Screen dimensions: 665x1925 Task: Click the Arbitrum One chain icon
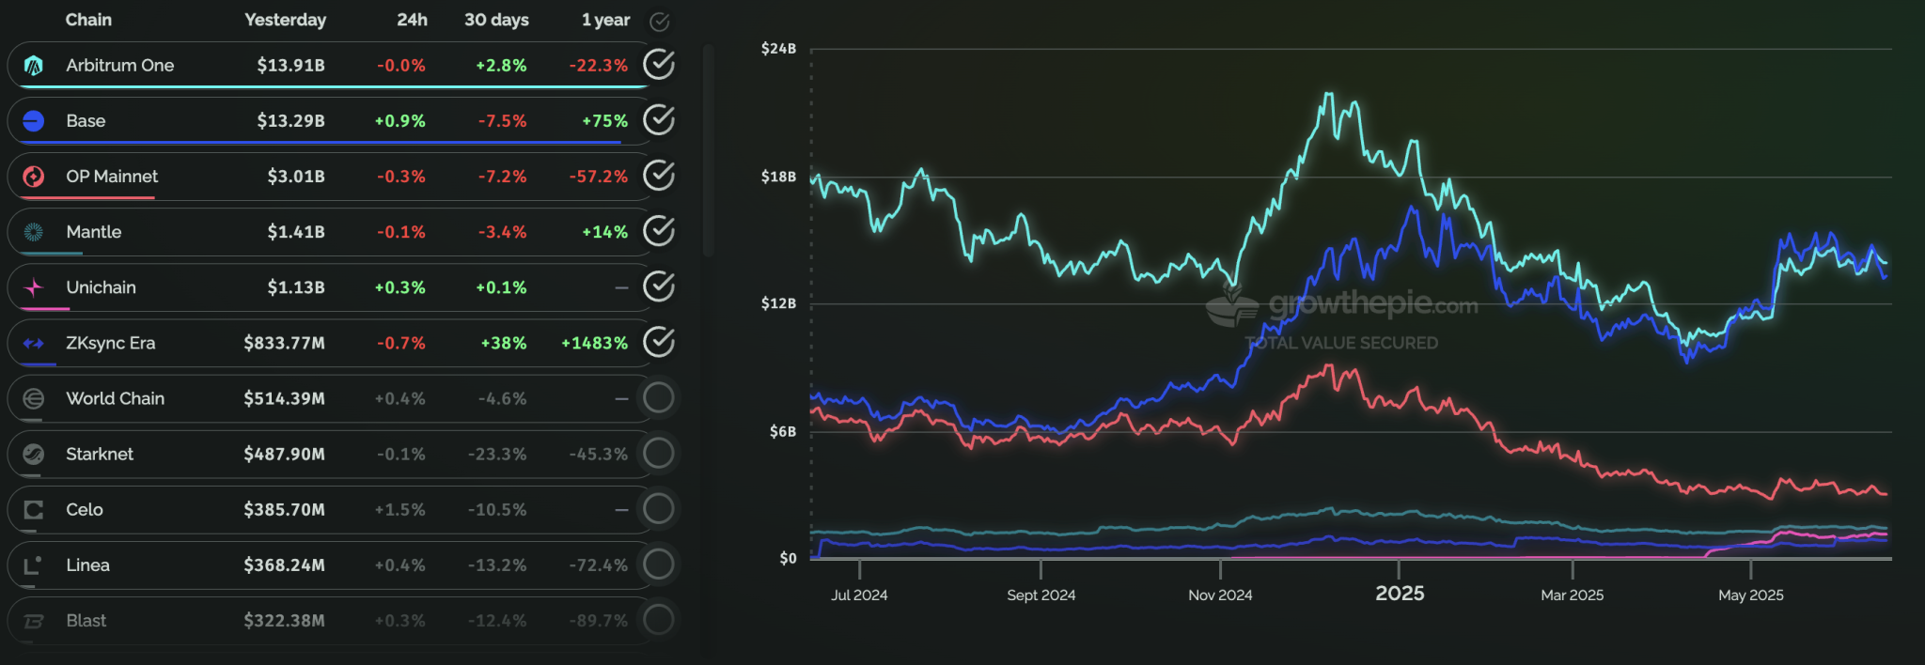coord(34,66)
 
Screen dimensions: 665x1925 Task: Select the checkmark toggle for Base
coord(659,120)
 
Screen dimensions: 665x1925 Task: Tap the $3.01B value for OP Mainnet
coord(296,177)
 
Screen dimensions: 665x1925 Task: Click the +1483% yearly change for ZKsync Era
coord(594,344)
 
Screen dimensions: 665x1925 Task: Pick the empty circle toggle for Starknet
coord(658,454)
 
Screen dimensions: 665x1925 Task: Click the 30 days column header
coord(496,20)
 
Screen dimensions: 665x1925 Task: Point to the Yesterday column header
coord(285,20)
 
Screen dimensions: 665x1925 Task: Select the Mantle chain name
coord(94,232)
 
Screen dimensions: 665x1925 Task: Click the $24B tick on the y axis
coord(778,49)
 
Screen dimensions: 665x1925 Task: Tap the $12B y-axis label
coord(778,303)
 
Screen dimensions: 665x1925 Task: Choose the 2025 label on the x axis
coord(1400,594)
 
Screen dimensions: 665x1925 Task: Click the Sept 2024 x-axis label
coord(1041,595)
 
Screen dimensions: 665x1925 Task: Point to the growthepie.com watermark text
coord(1372,304)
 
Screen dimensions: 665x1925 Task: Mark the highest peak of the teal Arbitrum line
coord(1328,94)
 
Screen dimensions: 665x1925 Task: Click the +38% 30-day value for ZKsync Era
coord(503,344)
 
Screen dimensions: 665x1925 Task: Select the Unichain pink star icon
coord(34,287)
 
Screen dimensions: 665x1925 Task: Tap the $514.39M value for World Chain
coord(284,399)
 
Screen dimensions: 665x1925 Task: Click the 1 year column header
coord(605,20)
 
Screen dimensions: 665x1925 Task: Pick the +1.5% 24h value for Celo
coord(399,510)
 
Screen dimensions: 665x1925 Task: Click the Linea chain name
coord(88,565)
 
